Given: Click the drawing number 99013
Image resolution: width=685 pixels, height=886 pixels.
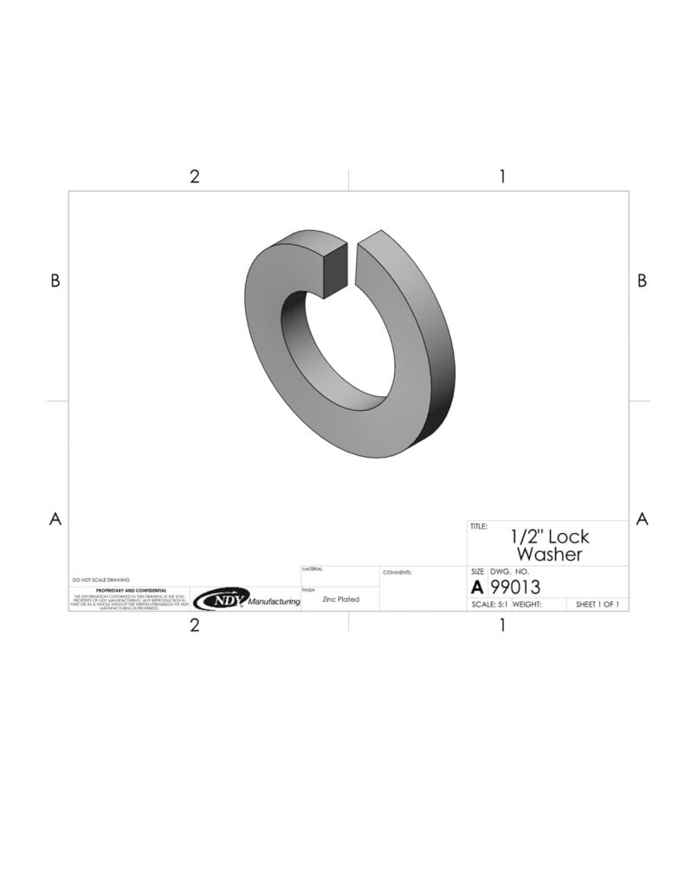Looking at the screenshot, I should click(x=515, y=587).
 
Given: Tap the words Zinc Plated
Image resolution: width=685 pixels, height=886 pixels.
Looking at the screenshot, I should click(x=340, y=599).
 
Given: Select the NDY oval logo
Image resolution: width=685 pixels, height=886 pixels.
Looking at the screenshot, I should click(x=220, y=599).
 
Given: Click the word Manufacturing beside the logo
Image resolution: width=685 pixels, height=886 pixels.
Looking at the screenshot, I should click(x=275, y=601).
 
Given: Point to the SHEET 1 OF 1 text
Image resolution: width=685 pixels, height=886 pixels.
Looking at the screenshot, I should click(x=598, y=605).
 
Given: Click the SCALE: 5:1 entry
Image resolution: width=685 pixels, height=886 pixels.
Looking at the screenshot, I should click(x=489, y=605).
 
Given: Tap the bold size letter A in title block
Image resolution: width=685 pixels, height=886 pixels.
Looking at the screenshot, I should click(x=477, y=587).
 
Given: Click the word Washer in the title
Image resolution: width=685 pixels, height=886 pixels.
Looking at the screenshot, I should click(x=549, y=555).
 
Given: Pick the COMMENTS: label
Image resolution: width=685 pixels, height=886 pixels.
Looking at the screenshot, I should click(x=397, y=572).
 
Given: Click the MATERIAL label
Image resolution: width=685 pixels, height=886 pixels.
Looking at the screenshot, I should click(x=312, y=569).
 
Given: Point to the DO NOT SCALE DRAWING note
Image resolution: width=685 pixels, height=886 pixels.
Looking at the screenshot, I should click(x=100, y=580).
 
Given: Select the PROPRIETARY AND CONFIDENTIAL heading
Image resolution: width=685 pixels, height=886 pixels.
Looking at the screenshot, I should click(x=131, y=590).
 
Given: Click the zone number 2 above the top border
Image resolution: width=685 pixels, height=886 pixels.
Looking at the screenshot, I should click(x=194, y=177).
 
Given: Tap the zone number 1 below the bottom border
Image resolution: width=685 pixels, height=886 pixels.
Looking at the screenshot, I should click(x=502, y=625).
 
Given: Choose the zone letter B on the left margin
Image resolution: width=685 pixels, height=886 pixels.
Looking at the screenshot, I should click(x=55, y=280).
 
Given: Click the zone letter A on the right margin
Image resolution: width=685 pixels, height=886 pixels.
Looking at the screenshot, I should click(x=642, y=519).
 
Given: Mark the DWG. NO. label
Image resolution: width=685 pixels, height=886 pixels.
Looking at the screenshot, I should click(x=509, y=573).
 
